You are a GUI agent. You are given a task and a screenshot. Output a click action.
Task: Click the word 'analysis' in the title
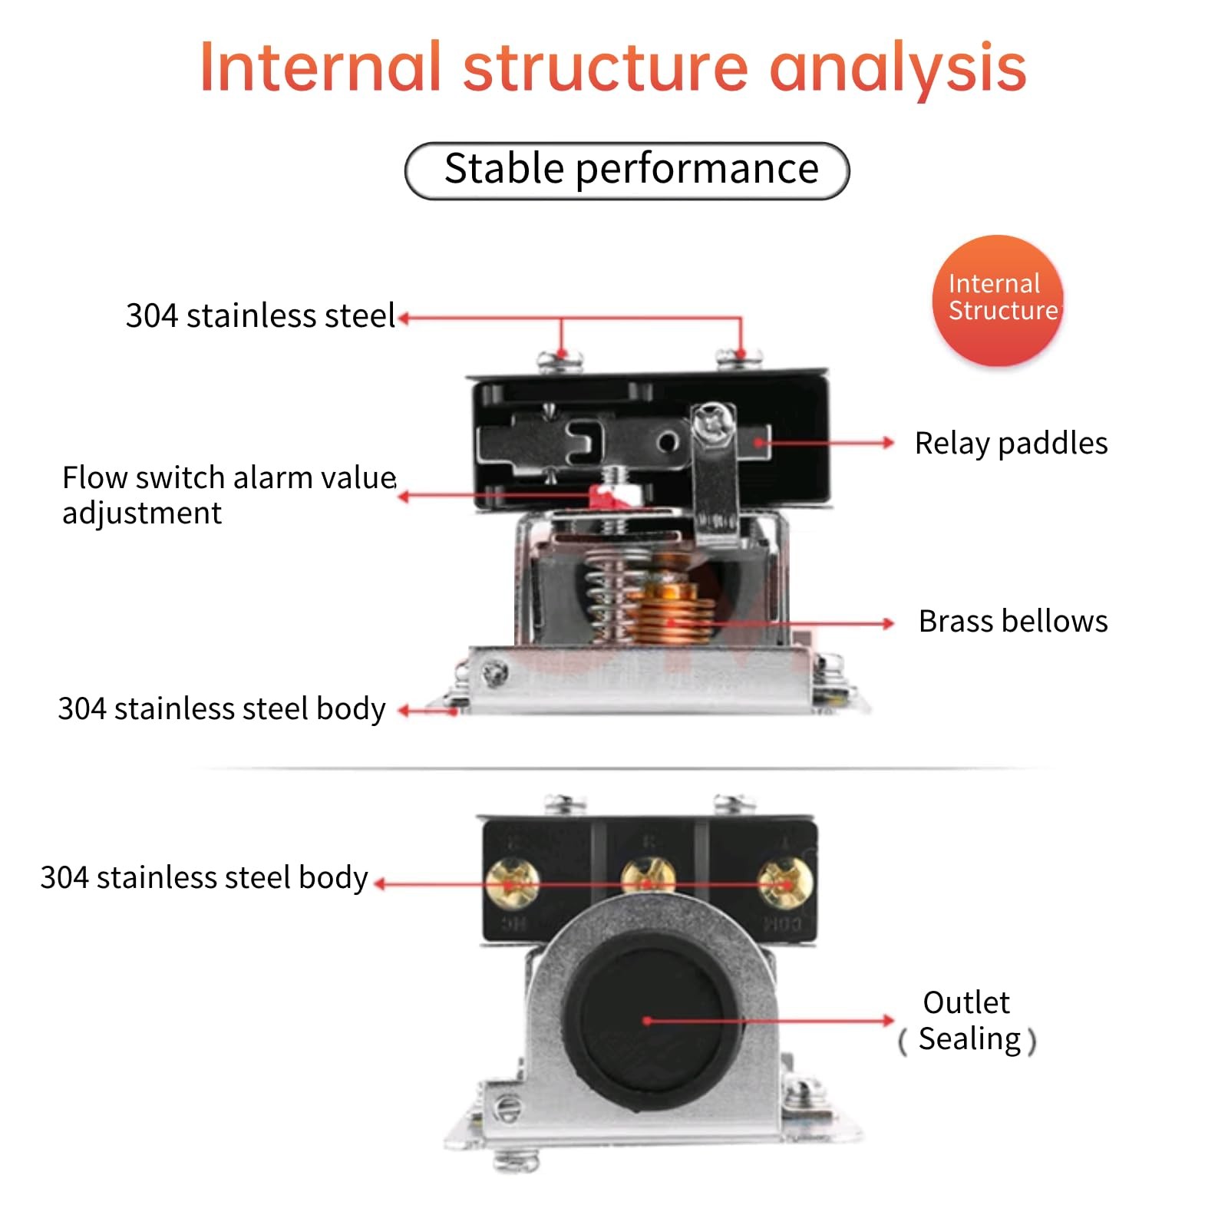coord(897,69)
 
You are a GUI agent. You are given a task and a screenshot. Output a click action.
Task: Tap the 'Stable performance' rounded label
coord(627,170)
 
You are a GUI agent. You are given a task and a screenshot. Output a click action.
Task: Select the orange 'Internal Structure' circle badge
coord(998,300)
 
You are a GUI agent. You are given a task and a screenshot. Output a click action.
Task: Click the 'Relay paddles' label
coord(1011,444)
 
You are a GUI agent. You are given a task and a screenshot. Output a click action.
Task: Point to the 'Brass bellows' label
coord(1013,621)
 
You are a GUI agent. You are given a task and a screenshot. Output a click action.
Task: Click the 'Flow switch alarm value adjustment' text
coord(229,495)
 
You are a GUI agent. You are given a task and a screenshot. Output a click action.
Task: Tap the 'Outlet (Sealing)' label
coord(967,1021)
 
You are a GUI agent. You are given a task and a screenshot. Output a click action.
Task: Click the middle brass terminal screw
coord(648,882)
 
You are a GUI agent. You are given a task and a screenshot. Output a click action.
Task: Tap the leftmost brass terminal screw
coord(512,883)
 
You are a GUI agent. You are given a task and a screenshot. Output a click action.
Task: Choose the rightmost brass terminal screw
coord(784,883)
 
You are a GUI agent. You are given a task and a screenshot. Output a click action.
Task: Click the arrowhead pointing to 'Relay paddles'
coord(888,443)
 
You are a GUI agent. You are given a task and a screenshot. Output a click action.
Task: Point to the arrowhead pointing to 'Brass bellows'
coord(888,623)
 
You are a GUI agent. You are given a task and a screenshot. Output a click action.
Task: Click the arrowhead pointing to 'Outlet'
coord(888,1021)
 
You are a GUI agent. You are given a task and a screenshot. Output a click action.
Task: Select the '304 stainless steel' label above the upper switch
coord(260,315)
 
